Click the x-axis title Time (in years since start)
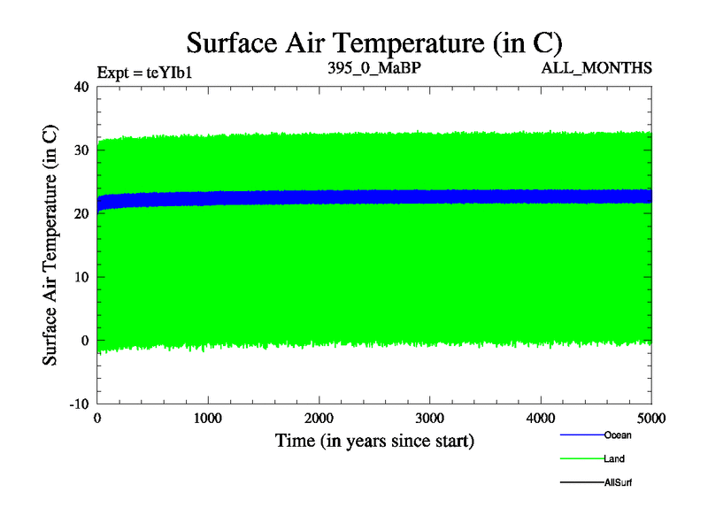coord(374,440)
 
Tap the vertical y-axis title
coord(51,245)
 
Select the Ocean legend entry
coord(617,435)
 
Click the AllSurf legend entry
coord(618,482)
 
